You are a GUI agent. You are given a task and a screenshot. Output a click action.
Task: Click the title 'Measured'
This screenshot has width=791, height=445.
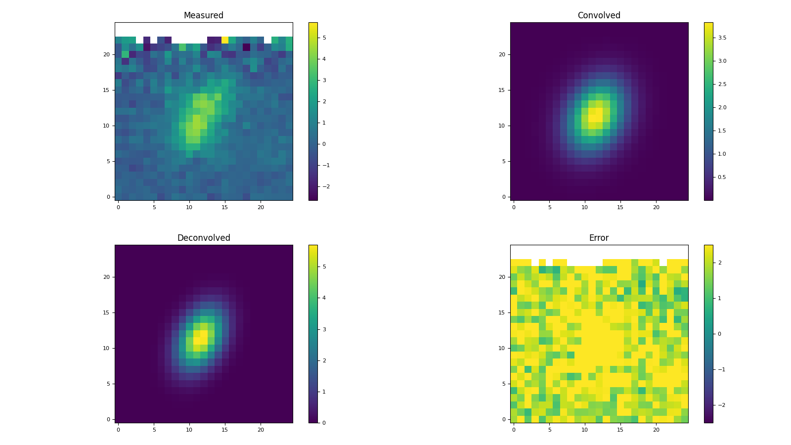pyautogui.click(x=203, y=15)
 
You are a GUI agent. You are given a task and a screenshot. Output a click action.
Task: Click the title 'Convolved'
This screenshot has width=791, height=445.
pyautogui.click(x=599, y=15)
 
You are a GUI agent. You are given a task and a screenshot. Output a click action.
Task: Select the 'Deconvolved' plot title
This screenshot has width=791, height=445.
pyautogui.click(x=203, y=238)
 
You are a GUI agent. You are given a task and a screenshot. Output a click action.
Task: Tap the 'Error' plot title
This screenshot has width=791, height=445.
pyautogui.click(x=599, y=238)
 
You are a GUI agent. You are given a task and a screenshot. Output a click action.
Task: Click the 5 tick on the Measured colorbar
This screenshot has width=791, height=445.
pyautogui.click(x=324, y=38)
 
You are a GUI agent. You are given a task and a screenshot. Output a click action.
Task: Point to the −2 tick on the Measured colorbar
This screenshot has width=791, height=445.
pyautogui.click(x=325, y=186)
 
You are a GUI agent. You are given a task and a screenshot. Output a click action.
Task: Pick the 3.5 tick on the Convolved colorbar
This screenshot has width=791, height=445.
pyautogui.click(x=722, y=38)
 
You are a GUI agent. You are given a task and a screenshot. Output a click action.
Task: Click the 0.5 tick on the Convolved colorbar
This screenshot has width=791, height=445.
pyautogui.click(x=722, y=177)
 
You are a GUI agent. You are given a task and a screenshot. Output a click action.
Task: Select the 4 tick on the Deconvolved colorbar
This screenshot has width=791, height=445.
pyautogui.click(x=324, y=298)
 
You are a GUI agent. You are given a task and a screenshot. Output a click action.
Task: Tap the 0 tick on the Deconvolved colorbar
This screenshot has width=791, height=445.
pyautogui.click(x=324, y=423)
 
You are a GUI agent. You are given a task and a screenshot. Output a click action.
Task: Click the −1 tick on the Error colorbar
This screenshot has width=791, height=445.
pyautogui.click(x=721, y=369)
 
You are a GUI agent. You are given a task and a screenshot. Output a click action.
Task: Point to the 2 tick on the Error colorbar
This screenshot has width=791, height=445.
pyautogui.click(x=719, y=263)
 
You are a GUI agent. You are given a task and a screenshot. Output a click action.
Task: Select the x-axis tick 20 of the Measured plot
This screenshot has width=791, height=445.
pyautogui.click(x=261, y=207)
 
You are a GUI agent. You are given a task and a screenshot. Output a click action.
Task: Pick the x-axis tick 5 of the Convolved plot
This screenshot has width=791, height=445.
pyautogui.click(x=549, y=207)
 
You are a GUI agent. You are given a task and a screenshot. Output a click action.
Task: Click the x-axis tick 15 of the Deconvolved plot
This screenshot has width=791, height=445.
pyautogui.click(x=225, y=430)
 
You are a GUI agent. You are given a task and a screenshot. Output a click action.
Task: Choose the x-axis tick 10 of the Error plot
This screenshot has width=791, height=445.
pyautogui.click(x=585, y=430)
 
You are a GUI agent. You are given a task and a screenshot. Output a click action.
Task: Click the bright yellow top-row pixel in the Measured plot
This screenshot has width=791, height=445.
pyautogui.click(x=225, y=40)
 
